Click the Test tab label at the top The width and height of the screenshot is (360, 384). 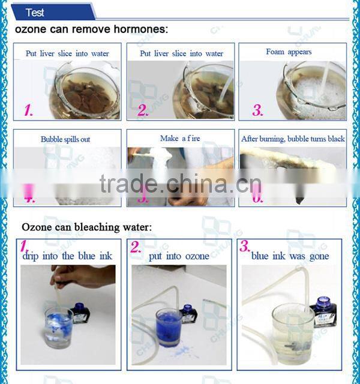pyautogui.click(x=35, y=13)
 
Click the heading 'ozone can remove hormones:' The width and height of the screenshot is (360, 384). pyautogui.click(x=91, y=29)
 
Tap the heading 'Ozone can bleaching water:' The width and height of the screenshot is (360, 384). pyautogui.click(x=86, y=227)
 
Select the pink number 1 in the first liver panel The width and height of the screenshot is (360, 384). pyautogui.click(x=28, y=109)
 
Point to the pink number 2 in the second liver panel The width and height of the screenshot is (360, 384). pyautogui.click(x=143, y=109)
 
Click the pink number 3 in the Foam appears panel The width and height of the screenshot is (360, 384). pyautogui.click(x=257, y=110)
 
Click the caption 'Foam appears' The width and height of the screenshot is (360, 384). pyautogui.click(x=289, y=52)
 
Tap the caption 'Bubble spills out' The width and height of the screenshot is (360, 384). pyautogui.click(x=65, y=139)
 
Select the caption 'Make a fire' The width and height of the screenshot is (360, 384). pyautogui.click(x=181, y=139)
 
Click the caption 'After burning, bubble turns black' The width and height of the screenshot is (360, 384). pyautogui.click(x=293, y=139)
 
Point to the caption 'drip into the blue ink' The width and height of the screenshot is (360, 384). pyautogui.click(x=67, y=256)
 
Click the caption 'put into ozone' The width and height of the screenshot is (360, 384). pyautogui.click(x=179, y=256)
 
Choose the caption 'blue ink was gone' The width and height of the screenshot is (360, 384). pyautogui.click(x=290, y=256)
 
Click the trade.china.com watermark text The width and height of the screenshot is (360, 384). pyautogui.click(x=179, y=183)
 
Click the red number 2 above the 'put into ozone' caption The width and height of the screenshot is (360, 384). pyautogui.click(x=137, y=247)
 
